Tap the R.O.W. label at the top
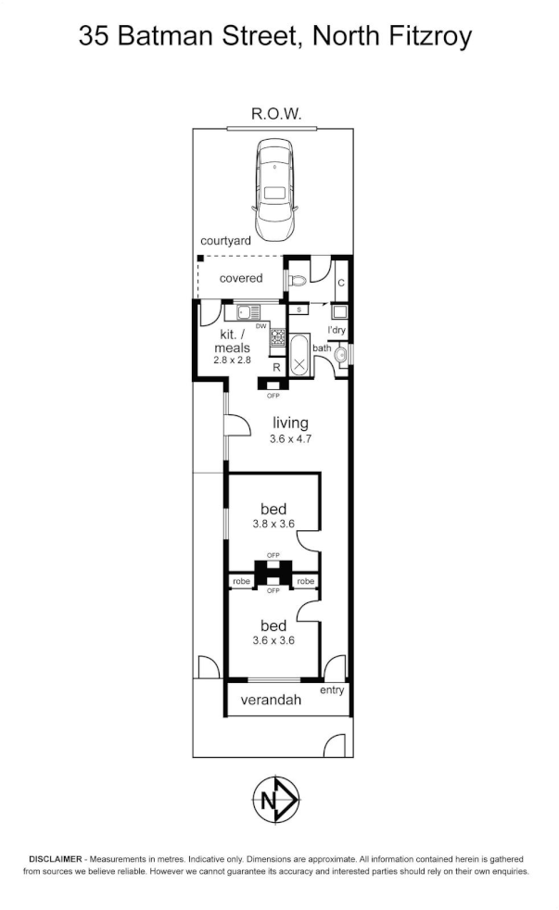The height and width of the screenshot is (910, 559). click(x=276, y=114)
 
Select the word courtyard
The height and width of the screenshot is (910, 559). click(x=226, y=240)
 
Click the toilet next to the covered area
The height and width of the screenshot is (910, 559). click(x=296, y=278)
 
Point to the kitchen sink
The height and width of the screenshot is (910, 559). click(x=250, y=312)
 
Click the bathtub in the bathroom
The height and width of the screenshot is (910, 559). click(x=299, y=356)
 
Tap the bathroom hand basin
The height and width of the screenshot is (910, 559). click(x=340, y=354)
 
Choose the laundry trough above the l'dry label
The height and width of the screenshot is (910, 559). click(x=339, y=312)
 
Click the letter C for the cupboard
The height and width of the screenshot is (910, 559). click(x=340, y=284)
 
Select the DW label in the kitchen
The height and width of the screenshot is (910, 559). click(x=260, y=327)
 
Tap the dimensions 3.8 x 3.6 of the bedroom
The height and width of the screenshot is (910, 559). click(x=273, y=524)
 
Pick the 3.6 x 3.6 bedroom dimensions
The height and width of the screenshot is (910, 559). click(x=273, y=639)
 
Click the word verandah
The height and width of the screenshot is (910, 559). click(x=271, y=701)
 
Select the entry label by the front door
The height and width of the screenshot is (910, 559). click(x=331, y=690)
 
